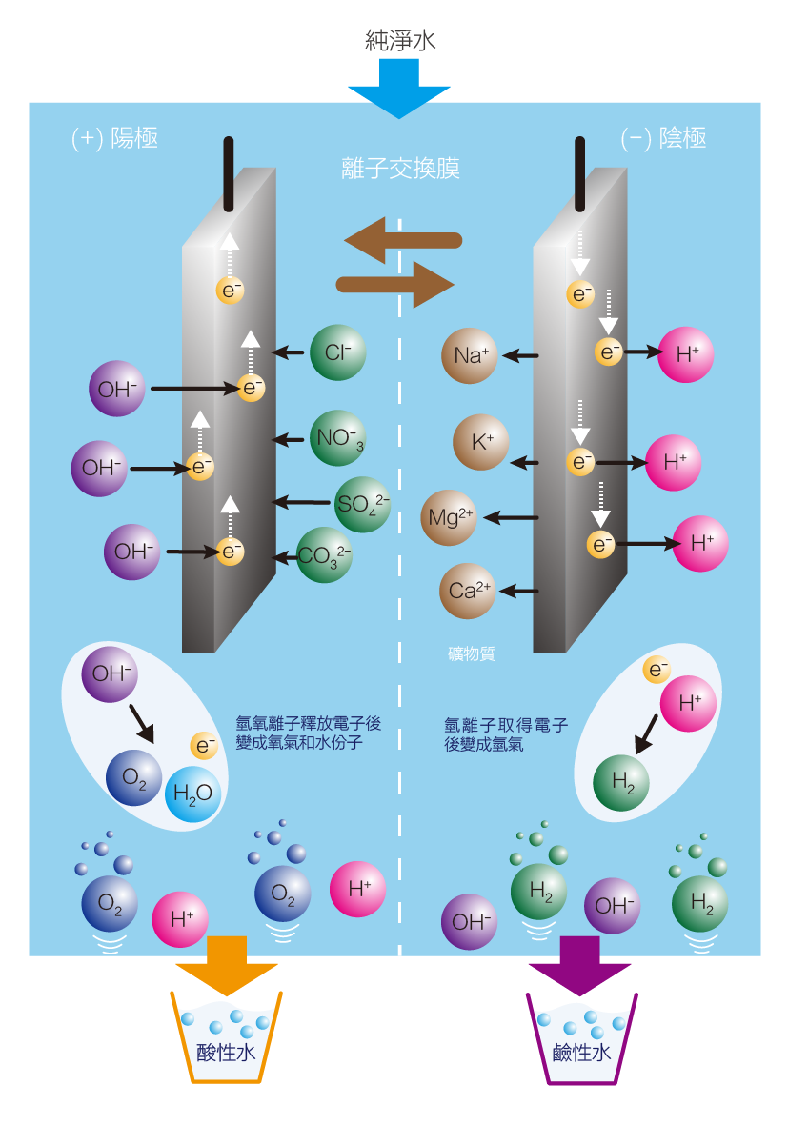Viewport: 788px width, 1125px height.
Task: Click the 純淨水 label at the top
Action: click(400, 39)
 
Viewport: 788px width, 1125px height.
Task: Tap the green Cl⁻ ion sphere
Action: click(338, 353)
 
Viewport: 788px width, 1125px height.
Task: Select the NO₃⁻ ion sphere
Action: click(338, 439)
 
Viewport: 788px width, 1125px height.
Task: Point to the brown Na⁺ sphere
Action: click(471, 356)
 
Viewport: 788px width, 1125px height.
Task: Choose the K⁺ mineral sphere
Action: click(481, 443)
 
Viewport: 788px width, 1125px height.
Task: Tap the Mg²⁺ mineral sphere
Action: click(450, 518)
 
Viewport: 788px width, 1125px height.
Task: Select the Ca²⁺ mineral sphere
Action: click(468, 591)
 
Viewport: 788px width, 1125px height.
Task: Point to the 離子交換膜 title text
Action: click(400, 168)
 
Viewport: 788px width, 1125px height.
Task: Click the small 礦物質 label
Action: click(471, 654)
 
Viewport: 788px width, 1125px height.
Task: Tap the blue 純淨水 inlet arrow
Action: click(399, 87)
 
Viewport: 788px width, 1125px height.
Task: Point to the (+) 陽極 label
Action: click(114, 138)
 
